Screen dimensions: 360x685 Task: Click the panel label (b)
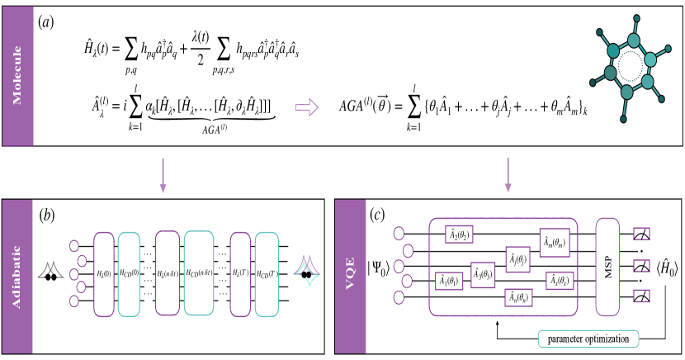(46, 216)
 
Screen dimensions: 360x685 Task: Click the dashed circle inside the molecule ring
(631, 66)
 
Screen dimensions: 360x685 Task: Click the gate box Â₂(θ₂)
(462, 234)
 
